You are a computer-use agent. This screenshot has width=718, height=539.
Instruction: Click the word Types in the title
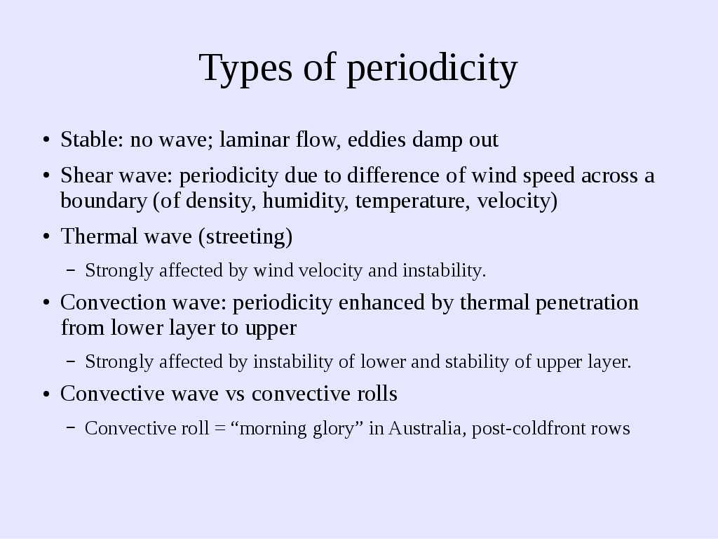tap(245, 67)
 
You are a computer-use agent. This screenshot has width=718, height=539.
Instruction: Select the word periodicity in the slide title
tap(432, 67)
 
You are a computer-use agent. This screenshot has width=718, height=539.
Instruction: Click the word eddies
tap(377, 140)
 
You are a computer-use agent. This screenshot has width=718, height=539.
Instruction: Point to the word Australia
tap(427, 428)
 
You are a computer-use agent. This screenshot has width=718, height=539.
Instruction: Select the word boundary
tap(104, 201)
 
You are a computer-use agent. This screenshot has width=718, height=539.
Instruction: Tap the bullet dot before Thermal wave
tap(46, 237)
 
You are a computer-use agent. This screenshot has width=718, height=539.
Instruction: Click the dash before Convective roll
tap(71, 427)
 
